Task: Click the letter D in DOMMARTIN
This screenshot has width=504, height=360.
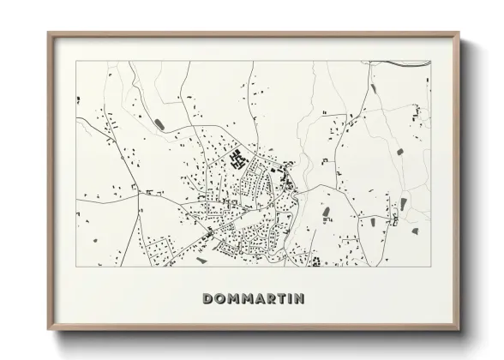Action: pos(208,298)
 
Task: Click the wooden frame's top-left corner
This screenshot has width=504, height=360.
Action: pos(48,33)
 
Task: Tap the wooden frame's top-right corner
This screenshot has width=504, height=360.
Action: pos(459,33)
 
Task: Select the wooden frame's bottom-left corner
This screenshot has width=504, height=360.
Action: pos(48,330)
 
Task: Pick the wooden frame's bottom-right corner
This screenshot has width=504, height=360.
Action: pos(459,330)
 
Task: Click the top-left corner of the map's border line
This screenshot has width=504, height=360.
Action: pos(76,61)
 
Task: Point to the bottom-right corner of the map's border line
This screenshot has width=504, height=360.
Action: pos(431,267)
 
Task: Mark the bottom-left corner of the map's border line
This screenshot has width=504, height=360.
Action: pos(76,267)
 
